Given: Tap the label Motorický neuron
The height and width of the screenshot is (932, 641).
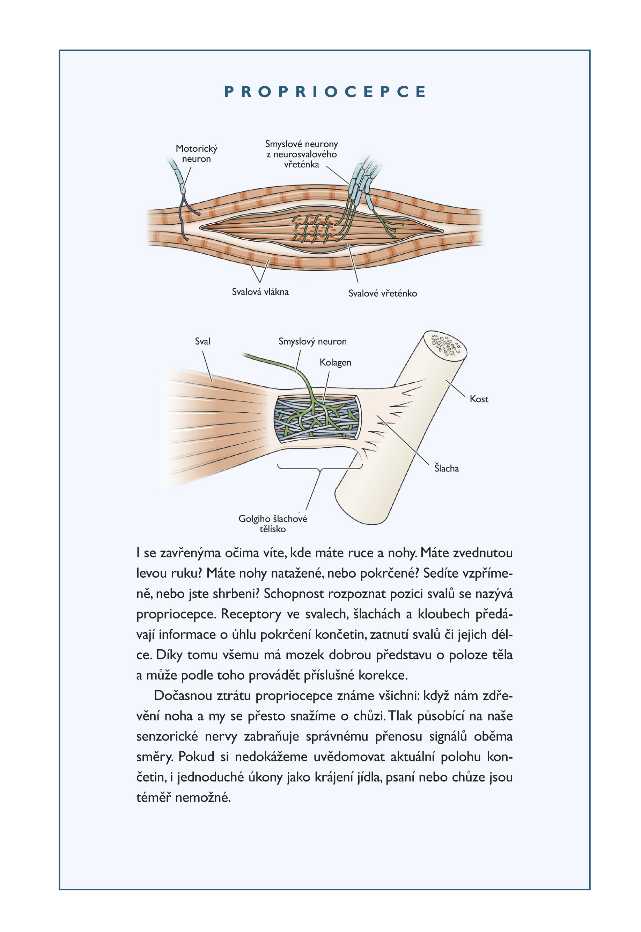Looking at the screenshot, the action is [x=197, y=153].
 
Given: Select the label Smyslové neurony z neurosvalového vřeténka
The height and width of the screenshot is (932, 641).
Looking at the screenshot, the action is [x=302, y=154].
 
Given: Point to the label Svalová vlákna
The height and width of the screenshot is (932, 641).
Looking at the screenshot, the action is [x=260, y=292].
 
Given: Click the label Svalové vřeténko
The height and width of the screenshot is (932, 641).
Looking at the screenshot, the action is [x=383, y=294].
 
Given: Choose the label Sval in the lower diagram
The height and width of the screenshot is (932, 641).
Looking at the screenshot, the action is [x=202, y=341].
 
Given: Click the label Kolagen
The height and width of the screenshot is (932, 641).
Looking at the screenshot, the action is [x=336, y=362].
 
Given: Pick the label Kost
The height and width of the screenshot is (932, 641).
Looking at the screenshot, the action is [x=479, y=399].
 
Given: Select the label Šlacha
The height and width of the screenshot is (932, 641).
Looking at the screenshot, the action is [x=447, y=468].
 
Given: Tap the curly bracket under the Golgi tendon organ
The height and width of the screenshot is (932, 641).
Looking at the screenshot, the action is [x=320, y=468].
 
